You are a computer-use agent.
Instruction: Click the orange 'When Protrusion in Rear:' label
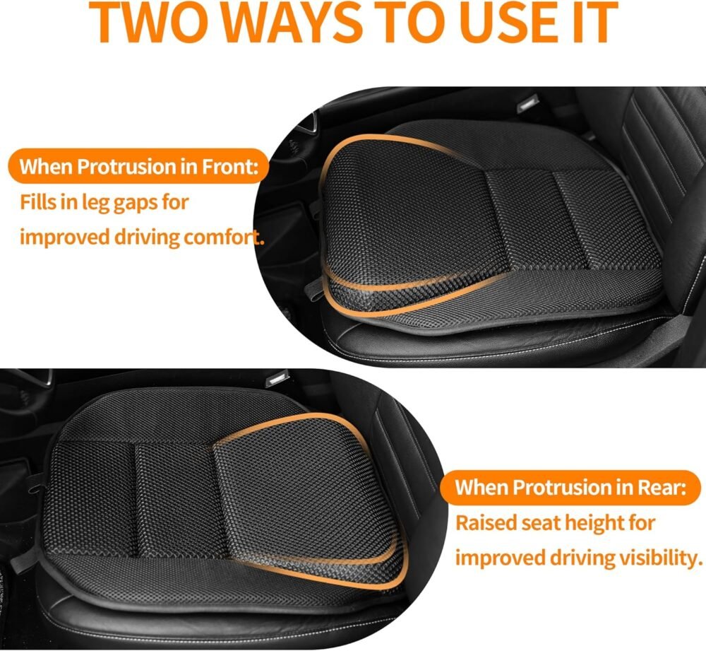(x=569, y=488)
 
